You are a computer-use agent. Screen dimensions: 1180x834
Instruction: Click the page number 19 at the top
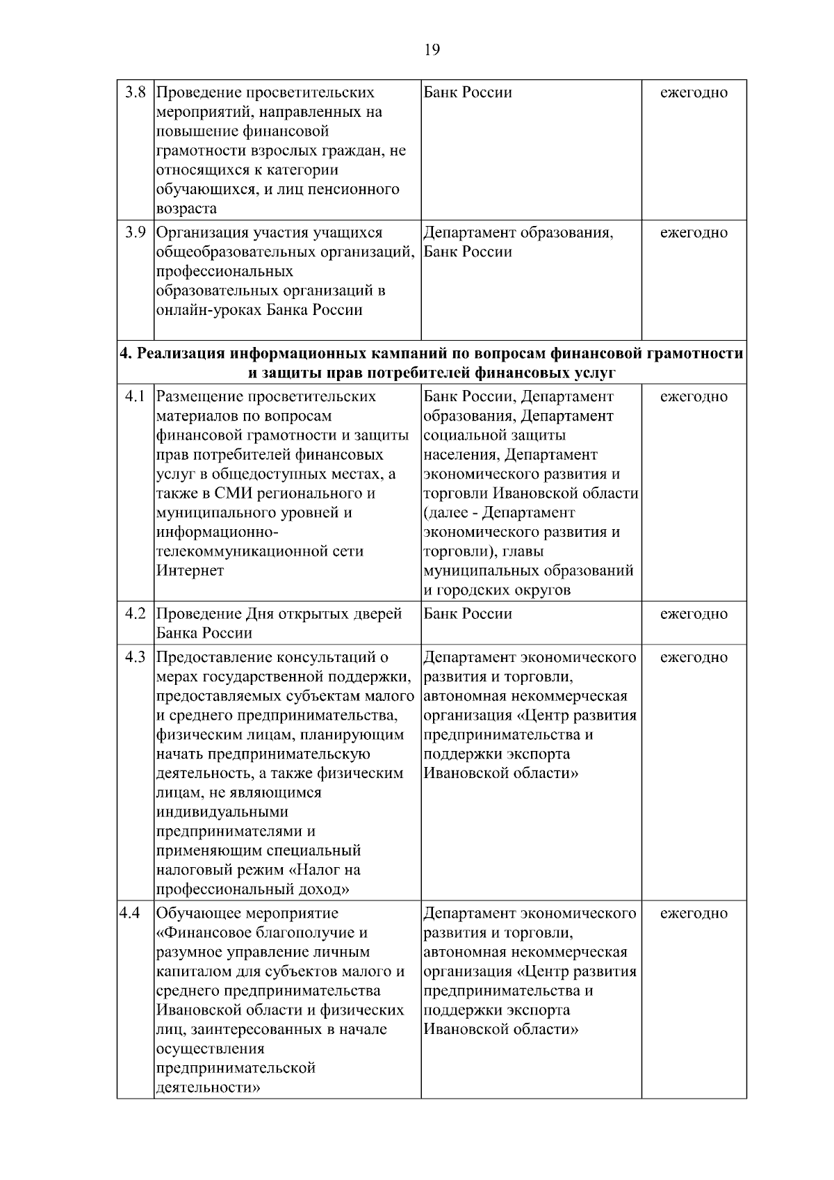pyautogui.click(x=432, y=49)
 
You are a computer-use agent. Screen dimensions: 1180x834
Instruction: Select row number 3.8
pyautogui.click(x=134, y=92)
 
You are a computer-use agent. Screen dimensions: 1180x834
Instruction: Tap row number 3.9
pyautogui.click(x=134, y=232)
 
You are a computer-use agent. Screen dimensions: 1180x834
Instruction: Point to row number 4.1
pyautogui.click(x=134, y=396)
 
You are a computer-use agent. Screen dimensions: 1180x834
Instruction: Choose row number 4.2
pyautogui.click(x=134, y=613)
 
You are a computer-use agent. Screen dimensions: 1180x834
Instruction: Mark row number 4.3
pyautogui.click(x=134, y=657)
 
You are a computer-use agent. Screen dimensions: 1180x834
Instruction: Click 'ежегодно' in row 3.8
pyautogui.click(x=694, y=92)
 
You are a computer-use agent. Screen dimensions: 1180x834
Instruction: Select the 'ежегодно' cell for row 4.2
pyautogui.click(x=694, y=613)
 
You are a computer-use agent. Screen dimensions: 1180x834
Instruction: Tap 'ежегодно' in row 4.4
pyautogui.click(x=694, y=913)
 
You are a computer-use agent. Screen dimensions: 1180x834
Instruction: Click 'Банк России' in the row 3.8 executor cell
pyautogui.click(x=468, y=92)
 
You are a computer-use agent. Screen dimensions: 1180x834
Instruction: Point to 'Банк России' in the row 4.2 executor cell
pyautogui.click(x=468, y=613)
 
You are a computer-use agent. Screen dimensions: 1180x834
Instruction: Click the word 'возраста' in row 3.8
pyautogui.click(x=186, y=209)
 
